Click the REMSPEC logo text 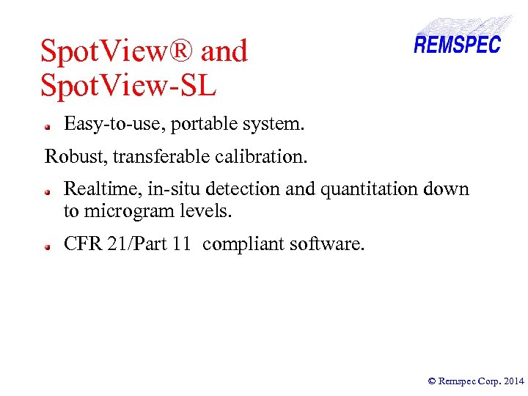pos(457,44)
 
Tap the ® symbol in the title pos(183,51)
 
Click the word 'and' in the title pos(224,51)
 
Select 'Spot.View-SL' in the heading pos(128,86)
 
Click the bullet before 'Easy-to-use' pos(46,126)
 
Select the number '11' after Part pos(181,243)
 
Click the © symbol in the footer pos(432,381)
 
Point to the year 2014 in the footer pos(514,381)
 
